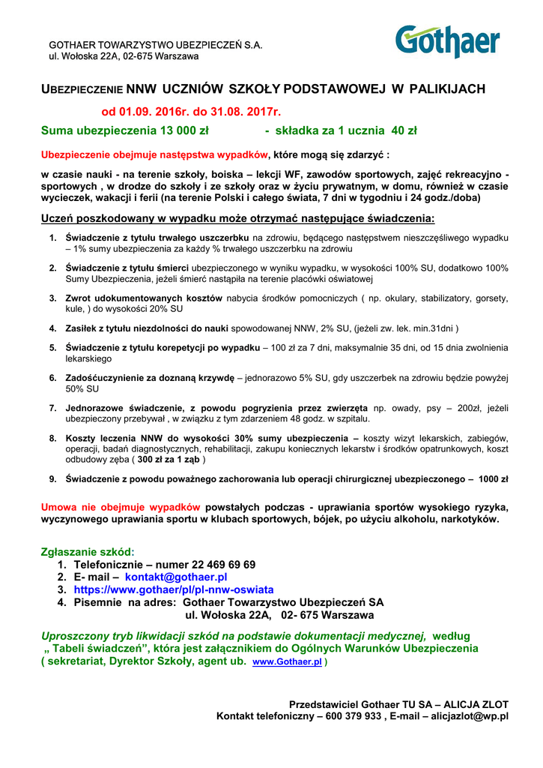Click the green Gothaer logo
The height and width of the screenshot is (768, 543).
click(448, 40)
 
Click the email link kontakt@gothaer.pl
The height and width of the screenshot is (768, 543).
click(176, 577)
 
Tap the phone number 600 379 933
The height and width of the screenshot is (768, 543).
click(351, 716)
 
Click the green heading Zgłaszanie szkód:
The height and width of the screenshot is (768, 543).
click(87, 551)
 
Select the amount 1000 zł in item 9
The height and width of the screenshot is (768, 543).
click(494, 478)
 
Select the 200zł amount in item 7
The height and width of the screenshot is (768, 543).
click(469, 408)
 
